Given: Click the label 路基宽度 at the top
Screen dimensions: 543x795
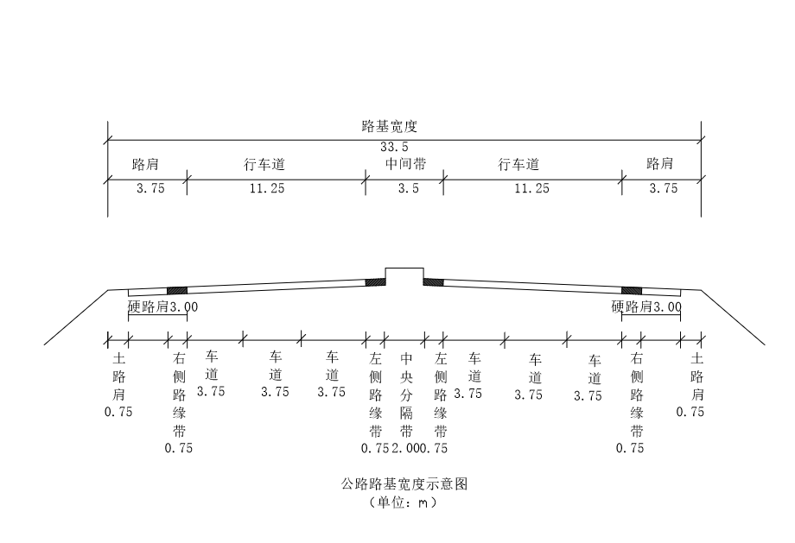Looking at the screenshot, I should click(x=389, y=126).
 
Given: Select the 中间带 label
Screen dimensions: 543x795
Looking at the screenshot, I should click(x=404, y=164).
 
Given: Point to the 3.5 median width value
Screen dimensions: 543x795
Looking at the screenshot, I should click(x=404, y=189).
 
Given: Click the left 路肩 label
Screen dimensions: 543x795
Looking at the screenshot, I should click(x=144, y=164).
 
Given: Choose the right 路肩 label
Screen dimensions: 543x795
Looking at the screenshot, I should click(x=659, y=164).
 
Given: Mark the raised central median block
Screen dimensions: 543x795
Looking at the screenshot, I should click(x=404, y=277).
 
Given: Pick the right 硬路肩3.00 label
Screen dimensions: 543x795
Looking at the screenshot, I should click(x=646, y=306).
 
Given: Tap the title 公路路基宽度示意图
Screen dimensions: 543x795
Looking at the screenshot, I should click(x=404, y=484).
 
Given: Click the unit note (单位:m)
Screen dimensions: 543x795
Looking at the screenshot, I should click(x=403, y=502).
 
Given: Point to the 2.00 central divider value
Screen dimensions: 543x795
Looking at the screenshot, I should click(x=405, y=448).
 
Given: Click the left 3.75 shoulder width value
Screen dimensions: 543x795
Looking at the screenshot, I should click(x=149, y=189).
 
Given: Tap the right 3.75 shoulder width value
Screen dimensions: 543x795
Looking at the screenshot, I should click(x=663, y=189).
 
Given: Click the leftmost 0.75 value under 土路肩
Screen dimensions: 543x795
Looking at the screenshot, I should click(x=118, y=412).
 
